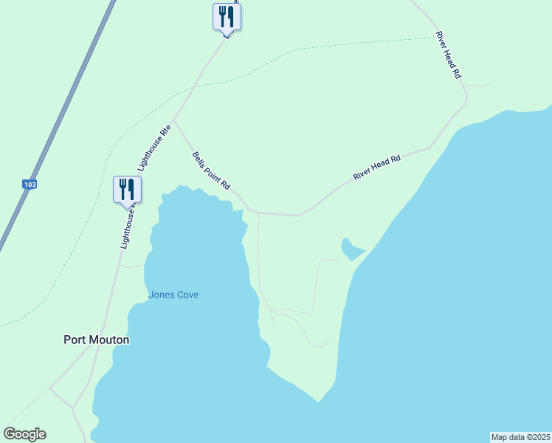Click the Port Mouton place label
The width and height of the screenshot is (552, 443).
pos(97,340)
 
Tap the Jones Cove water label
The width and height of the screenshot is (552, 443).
pos(173,295)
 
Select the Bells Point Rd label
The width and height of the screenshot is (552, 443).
pos(212,171)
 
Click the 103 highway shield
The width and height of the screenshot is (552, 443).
pos(30,184)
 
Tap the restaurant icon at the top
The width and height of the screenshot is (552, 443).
pos(227,16)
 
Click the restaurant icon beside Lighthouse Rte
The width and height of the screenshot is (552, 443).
pos(127,189)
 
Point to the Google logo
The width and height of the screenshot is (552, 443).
pos(24,434)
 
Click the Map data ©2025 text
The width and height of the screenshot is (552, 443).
pos(520,437)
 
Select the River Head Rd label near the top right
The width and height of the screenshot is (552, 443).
pos(448,55)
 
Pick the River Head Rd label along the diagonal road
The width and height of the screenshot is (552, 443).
pos(376,168)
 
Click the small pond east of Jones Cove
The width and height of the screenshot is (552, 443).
pos(350,249)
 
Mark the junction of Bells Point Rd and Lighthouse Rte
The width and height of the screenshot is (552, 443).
pos(173,120)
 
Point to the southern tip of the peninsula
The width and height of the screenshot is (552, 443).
pos(318,401)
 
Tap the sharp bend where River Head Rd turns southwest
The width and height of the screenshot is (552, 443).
pos(465,96)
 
